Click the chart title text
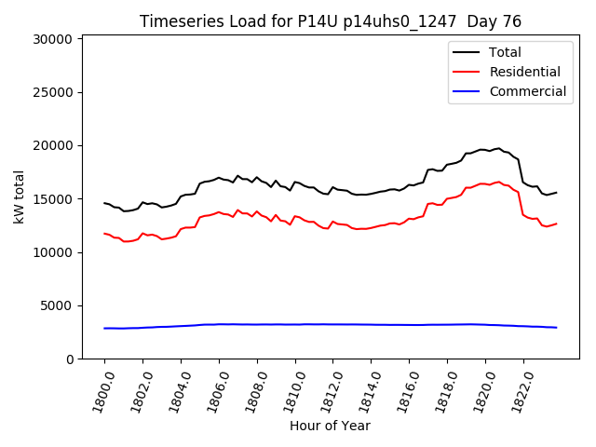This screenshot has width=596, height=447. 330,21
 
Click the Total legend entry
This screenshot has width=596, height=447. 505,52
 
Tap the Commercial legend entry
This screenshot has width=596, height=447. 528,91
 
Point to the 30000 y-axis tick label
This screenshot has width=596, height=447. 52,39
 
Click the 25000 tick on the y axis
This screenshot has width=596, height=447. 52,92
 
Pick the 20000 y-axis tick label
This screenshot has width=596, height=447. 52,145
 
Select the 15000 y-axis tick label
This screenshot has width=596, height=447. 52,199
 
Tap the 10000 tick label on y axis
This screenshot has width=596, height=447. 52,252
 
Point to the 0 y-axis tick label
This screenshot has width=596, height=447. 69,359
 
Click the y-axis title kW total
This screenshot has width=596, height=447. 18,196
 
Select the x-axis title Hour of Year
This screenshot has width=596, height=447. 330,427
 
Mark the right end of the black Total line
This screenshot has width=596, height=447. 556,193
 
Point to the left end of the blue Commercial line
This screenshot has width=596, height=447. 104,328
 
